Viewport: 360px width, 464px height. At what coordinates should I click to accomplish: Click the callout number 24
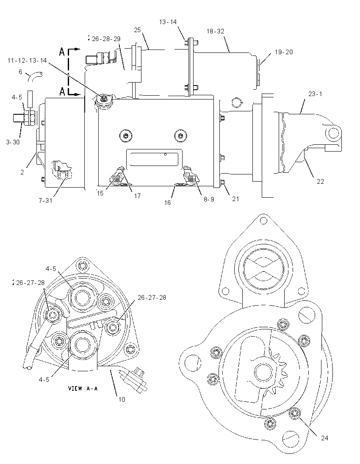325,438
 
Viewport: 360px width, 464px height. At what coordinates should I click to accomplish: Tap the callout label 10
122,400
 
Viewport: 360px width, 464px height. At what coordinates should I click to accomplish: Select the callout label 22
320,181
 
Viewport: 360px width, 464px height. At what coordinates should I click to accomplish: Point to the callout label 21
235,199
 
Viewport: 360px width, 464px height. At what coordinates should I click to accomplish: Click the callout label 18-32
215,31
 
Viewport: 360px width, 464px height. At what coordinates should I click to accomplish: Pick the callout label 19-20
284,52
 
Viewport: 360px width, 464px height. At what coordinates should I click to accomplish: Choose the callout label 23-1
315,94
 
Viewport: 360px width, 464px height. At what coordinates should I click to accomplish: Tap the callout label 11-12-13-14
27,61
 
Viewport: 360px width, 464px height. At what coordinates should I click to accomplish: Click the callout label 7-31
45,200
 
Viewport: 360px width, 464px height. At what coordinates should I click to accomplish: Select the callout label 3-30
13,142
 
